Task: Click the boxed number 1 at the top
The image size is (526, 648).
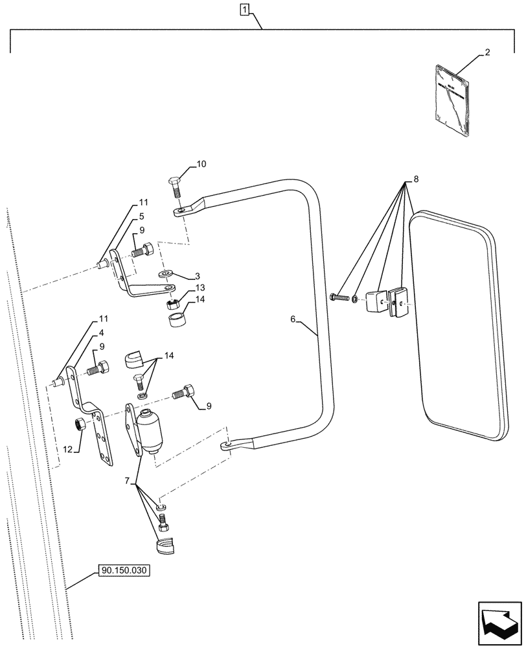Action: click(x=244, y=9)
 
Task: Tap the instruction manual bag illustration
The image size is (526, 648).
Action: click(x=452, y=100)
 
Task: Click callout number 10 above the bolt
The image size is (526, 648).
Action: click(x=201, y=165)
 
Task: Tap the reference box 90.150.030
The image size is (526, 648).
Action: click(x=124, y=571)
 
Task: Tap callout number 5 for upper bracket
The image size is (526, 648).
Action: click(x=142, y=216)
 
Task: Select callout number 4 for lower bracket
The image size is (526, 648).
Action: click(x=102, y=335)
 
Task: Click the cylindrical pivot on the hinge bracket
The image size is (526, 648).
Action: click(x=150, y=431)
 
